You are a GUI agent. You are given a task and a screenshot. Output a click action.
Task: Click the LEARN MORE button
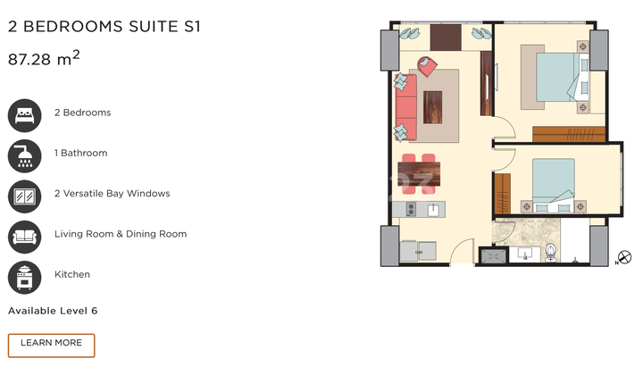pos(51,345)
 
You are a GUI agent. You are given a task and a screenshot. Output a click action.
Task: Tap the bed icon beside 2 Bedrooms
pos(25,115)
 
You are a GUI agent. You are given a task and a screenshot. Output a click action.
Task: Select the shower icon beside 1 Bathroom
pos(25,156)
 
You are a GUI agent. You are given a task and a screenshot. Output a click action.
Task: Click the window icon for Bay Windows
pos(25,196)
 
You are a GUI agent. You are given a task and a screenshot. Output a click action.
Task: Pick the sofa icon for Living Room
pos(25,237)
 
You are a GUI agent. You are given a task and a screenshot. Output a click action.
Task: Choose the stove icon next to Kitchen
pos(25,278)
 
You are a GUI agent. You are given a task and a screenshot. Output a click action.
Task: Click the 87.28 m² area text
pos(44,59)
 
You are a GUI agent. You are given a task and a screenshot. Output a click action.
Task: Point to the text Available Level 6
pos(53,311)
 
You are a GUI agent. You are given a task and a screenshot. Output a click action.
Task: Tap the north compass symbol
pos(624,257)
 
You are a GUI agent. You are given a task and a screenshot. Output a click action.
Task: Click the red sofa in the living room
pos(406,107)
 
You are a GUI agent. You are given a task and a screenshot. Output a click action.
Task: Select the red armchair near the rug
pos(427,66)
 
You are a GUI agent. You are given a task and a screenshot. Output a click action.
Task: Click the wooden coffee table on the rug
pos(432,107)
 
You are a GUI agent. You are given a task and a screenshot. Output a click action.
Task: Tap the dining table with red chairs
pos(419,174)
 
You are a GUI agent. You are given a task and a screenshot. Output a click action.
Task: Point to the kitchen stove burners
pos(411,209)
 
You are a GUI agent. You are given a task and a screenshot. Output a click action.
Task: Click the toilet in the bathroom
pos(551,253)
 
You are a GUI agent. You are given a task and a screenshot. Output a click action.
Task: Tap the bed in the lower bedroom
pos(554,185)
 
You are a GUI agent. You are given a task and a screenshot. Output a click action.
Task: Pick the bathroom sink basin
pos(525,254)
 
